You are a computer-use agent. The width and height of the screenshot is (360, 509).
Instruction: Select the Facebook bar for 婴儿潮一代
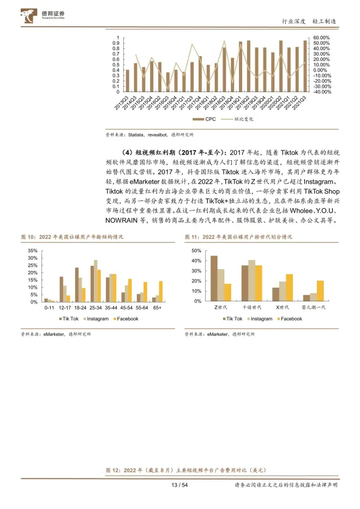(320, 291)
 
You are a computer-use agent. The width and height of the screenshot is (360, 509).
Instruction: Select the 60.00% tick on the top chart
(321, 38)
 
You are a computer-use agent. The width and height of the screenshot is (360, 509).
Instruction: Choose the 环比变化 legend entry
(240, 118)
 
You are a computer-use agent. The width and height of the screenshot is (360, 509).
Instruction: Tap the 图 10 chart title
(73, 237)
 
